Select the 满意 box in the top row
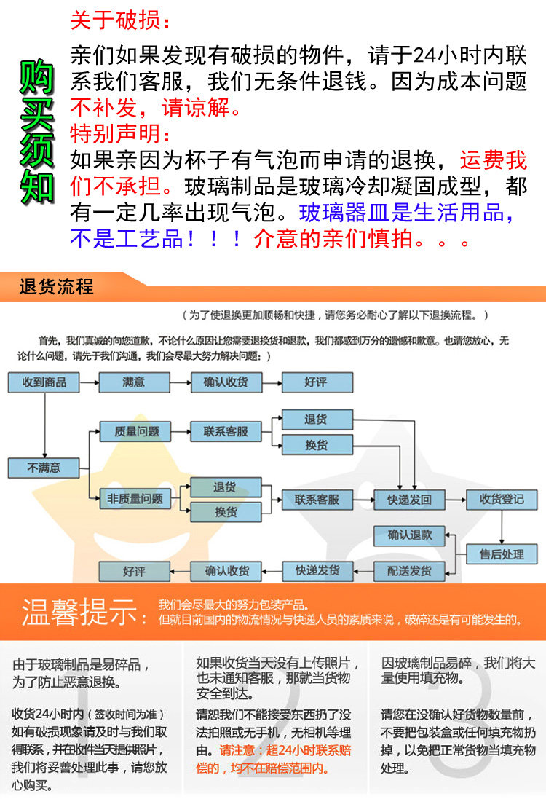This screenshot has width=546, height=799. pyautogui.click(x=134, y=382)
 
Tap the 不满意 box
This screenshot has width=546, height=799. pyautogui.click(x=44, y=468)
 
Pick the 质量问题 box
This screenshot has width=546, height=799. pyautogui.click(x=136, y=431)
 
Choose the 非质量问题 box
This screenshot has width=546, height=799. pyautogui.click(x=136, y=500)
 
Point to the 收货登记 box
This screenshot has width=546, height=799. pyautogui.click(x=502, y=500)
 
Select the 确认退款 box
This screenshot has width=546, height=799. pyautogui.click(x=409, y=535)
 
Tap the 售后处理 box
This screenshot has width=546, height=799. pyautogui.click(x=502, y=555)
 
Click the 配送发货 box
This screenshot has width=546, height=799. pyautogui.click(x=409, y=571)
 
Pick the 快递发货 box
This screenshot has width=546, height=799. pyautogui.click(x=317, y=571)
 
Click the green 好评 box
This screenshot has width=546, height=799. pyautogui.click(x=134, y=572)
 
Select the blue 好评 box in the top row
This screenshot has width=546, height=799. pyautogui.click(x=317, y=382)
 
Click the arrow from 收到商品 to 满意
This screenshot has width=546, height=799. pyautogui.click(x=89, y=382)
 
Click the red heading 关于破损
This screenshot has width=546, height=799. pyautogui.click(x=121, y=20)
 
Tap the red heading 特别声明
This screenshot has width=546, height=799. pyautogui.click(x=121, y=134)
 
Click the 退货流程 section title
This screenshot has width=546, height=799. pyautogui.click(x=57, y=287)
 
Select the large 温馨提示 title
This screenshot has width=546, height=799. pyautogui.click(x=80, y=612)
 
